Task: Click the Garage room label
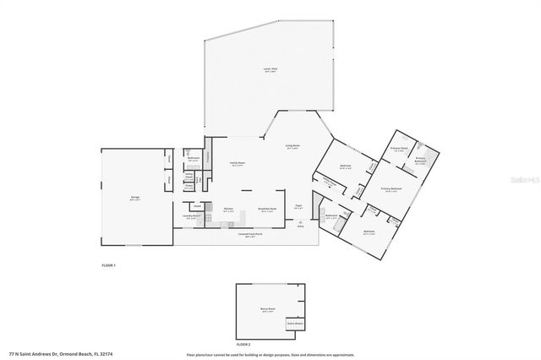134,199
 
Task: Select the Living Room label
292,146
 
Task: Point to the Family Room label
238,165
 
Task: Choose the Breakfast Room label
264,210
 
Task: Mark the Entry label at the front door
300,226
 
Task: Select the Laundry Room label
190,216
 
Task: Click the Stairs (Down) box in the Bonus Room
295,323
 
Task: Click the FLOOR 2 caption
243,345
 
